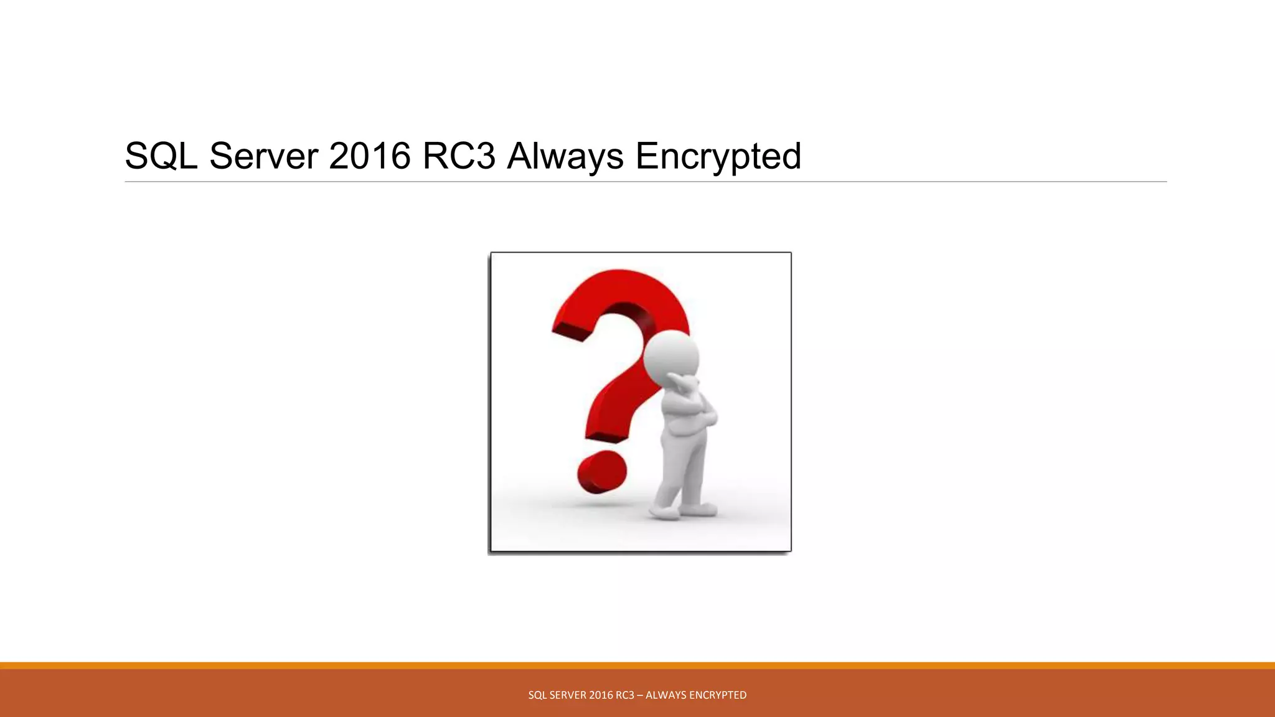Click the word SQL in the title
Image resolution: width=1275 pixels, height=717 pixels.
click(161, 156)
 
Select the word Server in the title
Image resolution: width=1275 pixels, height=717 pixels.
click(263, 156)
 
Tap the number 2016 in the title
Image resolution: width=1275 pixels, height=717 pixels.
click(369, 156)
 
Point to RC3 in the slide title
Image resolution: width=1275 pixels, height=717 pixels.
click(458, 156)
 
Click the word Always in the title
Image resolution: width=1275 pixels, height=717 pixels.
click(565, 156)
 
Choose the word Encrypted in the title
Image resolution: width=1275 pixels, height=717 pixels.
click(718, 156)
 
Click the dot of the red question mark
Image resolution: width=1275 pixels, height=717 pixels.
click(601, 471)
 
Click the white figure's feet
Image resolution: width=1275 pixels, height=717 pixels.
click(682, 512)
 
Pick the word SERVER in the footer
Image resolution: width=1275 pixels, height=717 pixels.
click(564, 695)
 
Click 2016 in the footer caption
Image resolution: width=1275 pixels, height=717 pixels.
click(600, 695)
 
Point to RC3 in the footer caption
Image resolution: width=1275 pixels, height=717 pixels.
click(624, 695)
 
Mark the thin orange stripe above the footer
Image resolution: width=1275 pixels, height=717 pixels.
click(637, 665)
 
